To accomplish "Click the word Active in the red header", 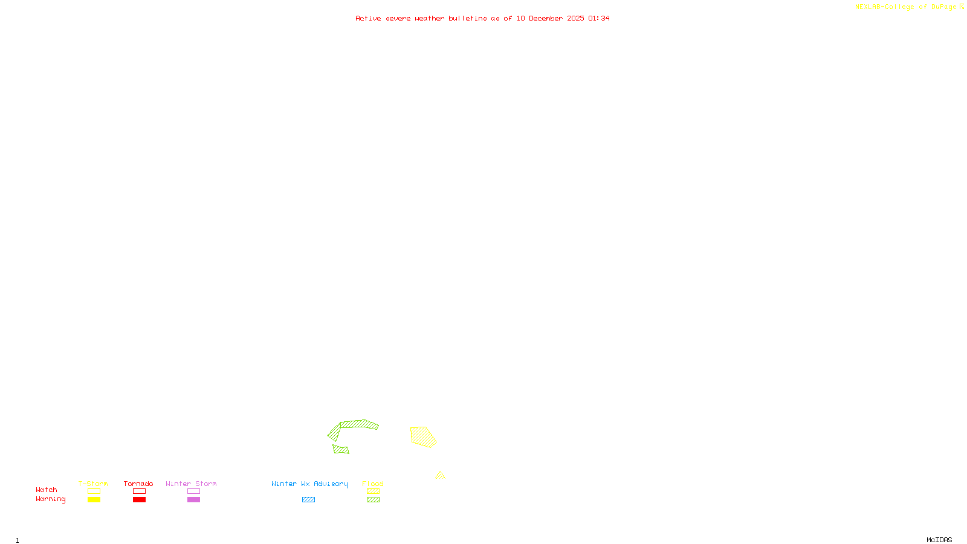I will [368, 18].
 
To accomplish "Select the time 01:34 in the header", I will [598, 18].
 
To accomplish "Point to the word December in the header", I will [546, 18].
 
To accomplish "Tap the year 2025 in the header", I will [575, 18].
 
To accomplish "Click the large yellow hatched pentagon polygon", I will [422, 436].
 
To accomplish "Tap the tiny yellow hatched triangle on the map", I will [440, 476].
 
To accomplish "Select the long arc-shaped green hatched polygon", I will [359, 424].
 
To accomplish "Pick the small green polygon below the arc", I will [341, 449].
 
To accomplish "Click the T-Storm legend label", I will [93, 484].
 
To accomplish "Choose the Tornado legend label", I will [138, 484].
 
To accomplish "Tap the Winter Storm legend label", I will [191, 484].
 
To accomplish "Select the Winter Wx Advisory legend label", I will [309, 484].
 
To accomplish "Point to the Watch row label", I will [47, 490].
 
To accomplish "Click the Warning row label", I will [50, 499].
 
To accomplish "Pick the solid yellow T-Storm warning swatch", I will [94, 500].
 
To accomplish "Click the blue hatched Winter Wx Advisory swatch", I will [308, 500].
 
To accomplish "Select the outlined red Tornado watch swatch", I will [139, 491].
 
